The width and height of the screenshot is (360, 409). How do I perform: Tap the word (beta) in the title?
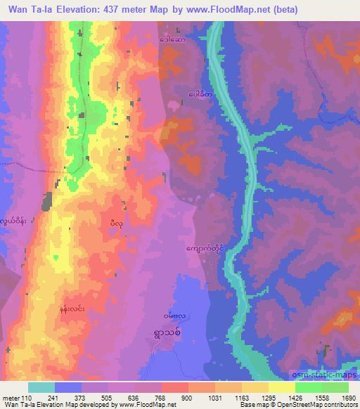tap(281, 10)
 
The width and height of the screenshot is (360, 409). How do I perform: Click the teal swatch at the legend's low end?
tap(41, 387)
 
